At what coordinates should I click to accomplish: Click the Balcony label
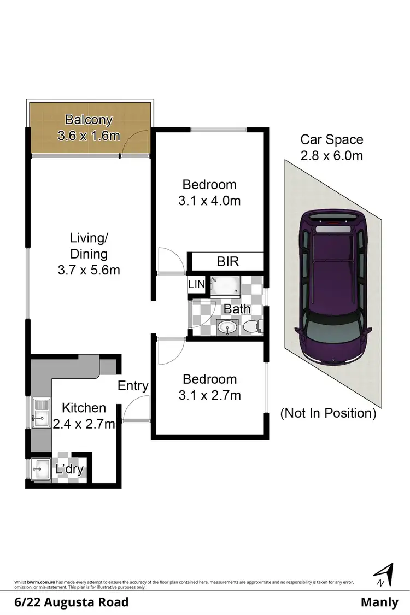(x=89, y=119)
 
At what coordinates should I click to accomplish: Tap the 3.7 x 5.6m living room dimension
(x=89, y=270)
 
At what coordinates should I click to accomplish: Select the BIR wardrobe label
(x=228, y=261)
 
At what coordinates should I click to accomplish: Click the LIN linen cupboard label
(x=196, y=284)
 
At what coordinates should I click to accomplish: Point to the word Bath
(x=237, y=309)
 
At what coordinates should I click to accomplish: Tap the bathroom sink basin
(x=226, y=328)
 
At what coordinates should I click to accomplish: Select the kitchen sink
(x=40, y=413)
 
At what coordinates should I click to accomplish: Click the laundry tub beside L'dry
(x=40, y=468)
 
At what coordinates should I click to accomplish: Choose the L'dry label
(x=69, y=469)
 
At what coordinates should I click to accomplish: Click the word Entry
(x=133, y=386)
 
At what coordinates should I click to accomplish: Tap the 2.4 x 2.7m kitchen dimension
(x=84, y=423)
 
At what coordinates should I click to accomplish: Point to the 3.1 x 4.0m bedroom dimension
(x=209, y=201)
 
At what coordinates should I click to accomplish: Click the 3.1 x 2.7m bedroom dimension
(x=209, y=395)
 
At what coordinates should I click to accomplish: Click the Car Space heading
(x=332, y=140)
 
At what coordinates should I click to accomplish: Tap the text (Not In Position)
(x=328, y=413)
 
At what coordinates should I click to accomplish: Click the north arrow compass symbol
(x=384, y=575)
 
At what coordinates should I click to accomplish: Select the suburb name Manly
(x=379, y=602)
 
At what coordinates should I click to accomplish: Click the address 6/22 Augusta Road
(x=71, y=602)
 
